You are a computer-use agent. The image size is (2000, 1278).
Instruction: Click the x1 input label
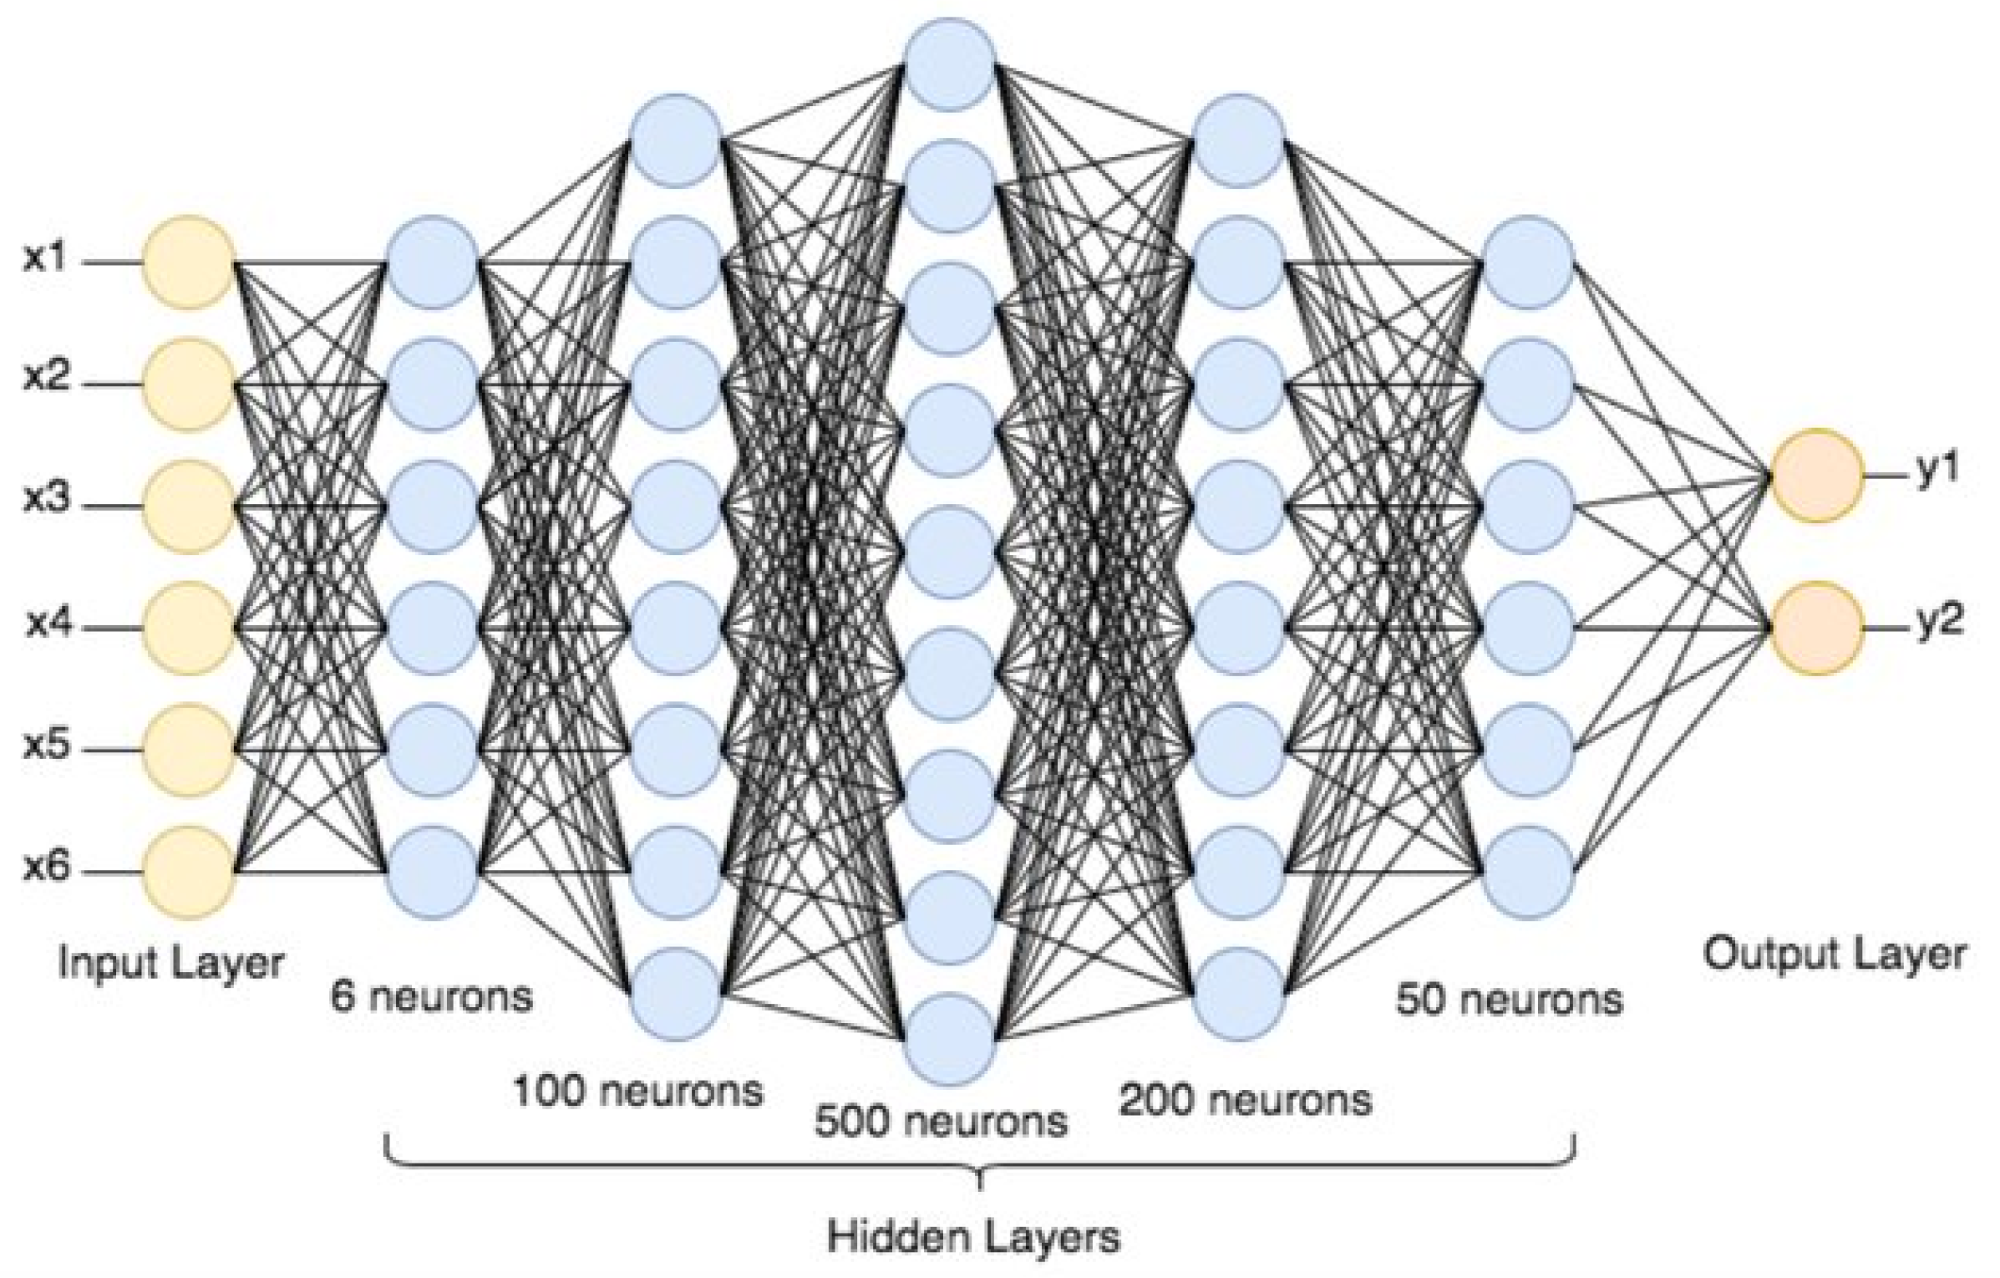click(44, 259)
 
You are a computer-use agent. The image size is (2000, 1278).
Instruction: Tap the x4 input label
click(48, 624)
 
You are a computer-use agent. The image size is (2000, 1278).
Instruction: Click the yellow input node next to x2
click(188, 384)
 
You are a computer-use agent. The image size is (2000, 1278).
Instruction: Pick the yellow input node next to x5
click(188, 750)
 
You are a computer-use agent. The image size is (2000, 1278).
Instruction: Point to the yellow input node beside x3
click(188, 507)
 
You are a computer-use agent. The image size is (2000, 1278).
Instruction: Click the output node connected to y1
click(1817, 476)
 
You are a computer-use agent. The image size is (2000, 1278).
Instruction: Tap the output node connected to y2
click(1817, 628)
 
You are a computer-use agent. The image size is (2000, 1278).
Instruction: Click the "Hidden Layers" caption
click(973, 1236)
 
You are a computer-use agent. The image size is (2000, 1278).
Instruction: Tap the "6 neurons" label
click(432, 996)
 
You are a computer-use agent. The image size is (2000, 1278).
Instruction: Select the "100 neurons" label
click(638, 1091)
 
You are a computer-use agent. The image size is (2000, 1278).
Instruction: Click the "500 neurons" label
click(942, 1121)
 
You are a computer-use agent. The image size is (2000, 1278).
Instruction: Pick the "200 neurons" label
click(1246, 1100)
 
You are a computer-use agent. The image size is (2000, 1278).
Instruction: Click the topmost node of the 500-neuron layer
click(951, 64)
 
